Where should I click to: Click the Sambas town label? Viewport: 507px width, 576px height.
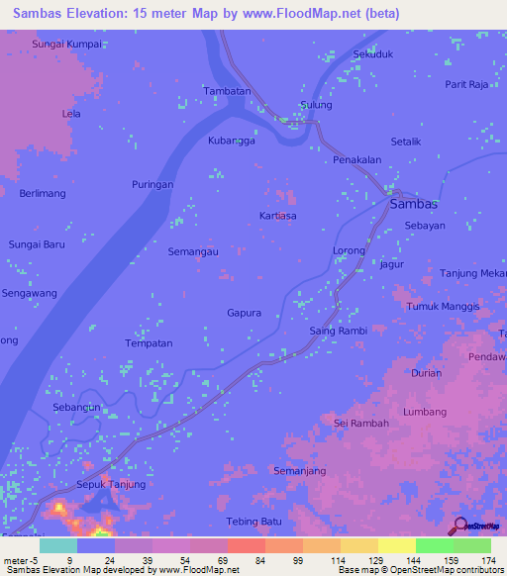414,203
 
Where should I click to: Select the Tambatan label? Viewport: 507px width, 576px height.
226,90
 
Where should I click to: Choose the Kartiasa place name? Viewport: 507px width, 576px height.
277,215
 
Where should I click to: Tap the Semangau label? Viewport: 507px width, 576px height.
193,251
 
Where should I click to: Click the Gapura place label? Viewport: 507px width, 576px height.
244,313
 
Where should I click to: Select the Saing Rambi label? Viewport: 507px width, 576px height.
339,331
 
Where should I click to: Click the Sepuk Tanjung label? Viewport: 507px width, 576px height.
111,485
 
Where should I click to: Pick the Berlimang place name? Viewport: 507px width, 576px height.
43,194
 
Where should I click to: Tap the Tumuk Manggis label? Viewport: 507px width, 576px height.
443,307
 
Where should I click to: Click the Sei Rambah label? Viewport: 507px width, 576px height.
361,423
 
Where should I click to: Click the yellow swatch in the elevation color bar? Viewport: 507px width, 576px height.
396,545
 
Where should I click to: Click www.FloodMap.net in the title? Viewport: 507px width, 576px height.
297,14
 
